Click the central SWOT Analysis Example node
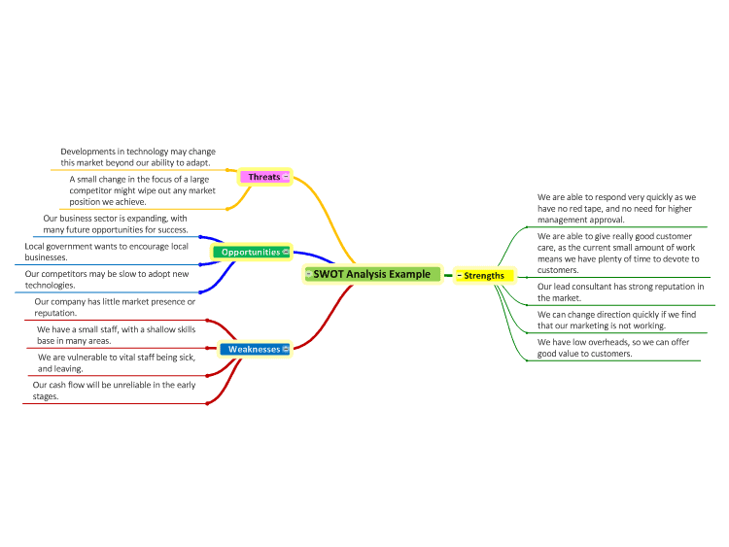pos(372,274)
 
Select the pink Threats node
pos(264,177)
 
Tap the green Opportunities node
pos(252,252)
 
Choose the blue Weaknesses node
pos(255,349)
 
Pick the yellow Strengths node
pos(484,276)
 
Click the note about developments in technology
pos(138,157)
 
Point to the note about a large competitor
pos(142,190)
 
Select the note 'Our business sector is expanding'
pos(116,224)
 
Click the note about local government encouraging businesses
pos(107,252)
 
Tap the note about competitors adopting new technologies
pos(107,279)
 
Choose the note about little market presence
pos(115,307)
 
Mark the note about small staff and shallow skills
pos(117,335)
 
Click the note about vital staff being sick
pos(117,363)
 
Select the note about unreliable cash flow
pos(114,391)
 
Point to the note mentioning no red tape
pos(616,208)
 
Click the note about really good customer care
pos(618,253)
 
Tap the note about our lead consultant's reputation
pos(621,291)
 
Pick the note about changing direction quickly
pos(616,320)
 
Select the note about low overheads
pos(613,348)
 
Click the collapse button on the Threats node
pos(286,176)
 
